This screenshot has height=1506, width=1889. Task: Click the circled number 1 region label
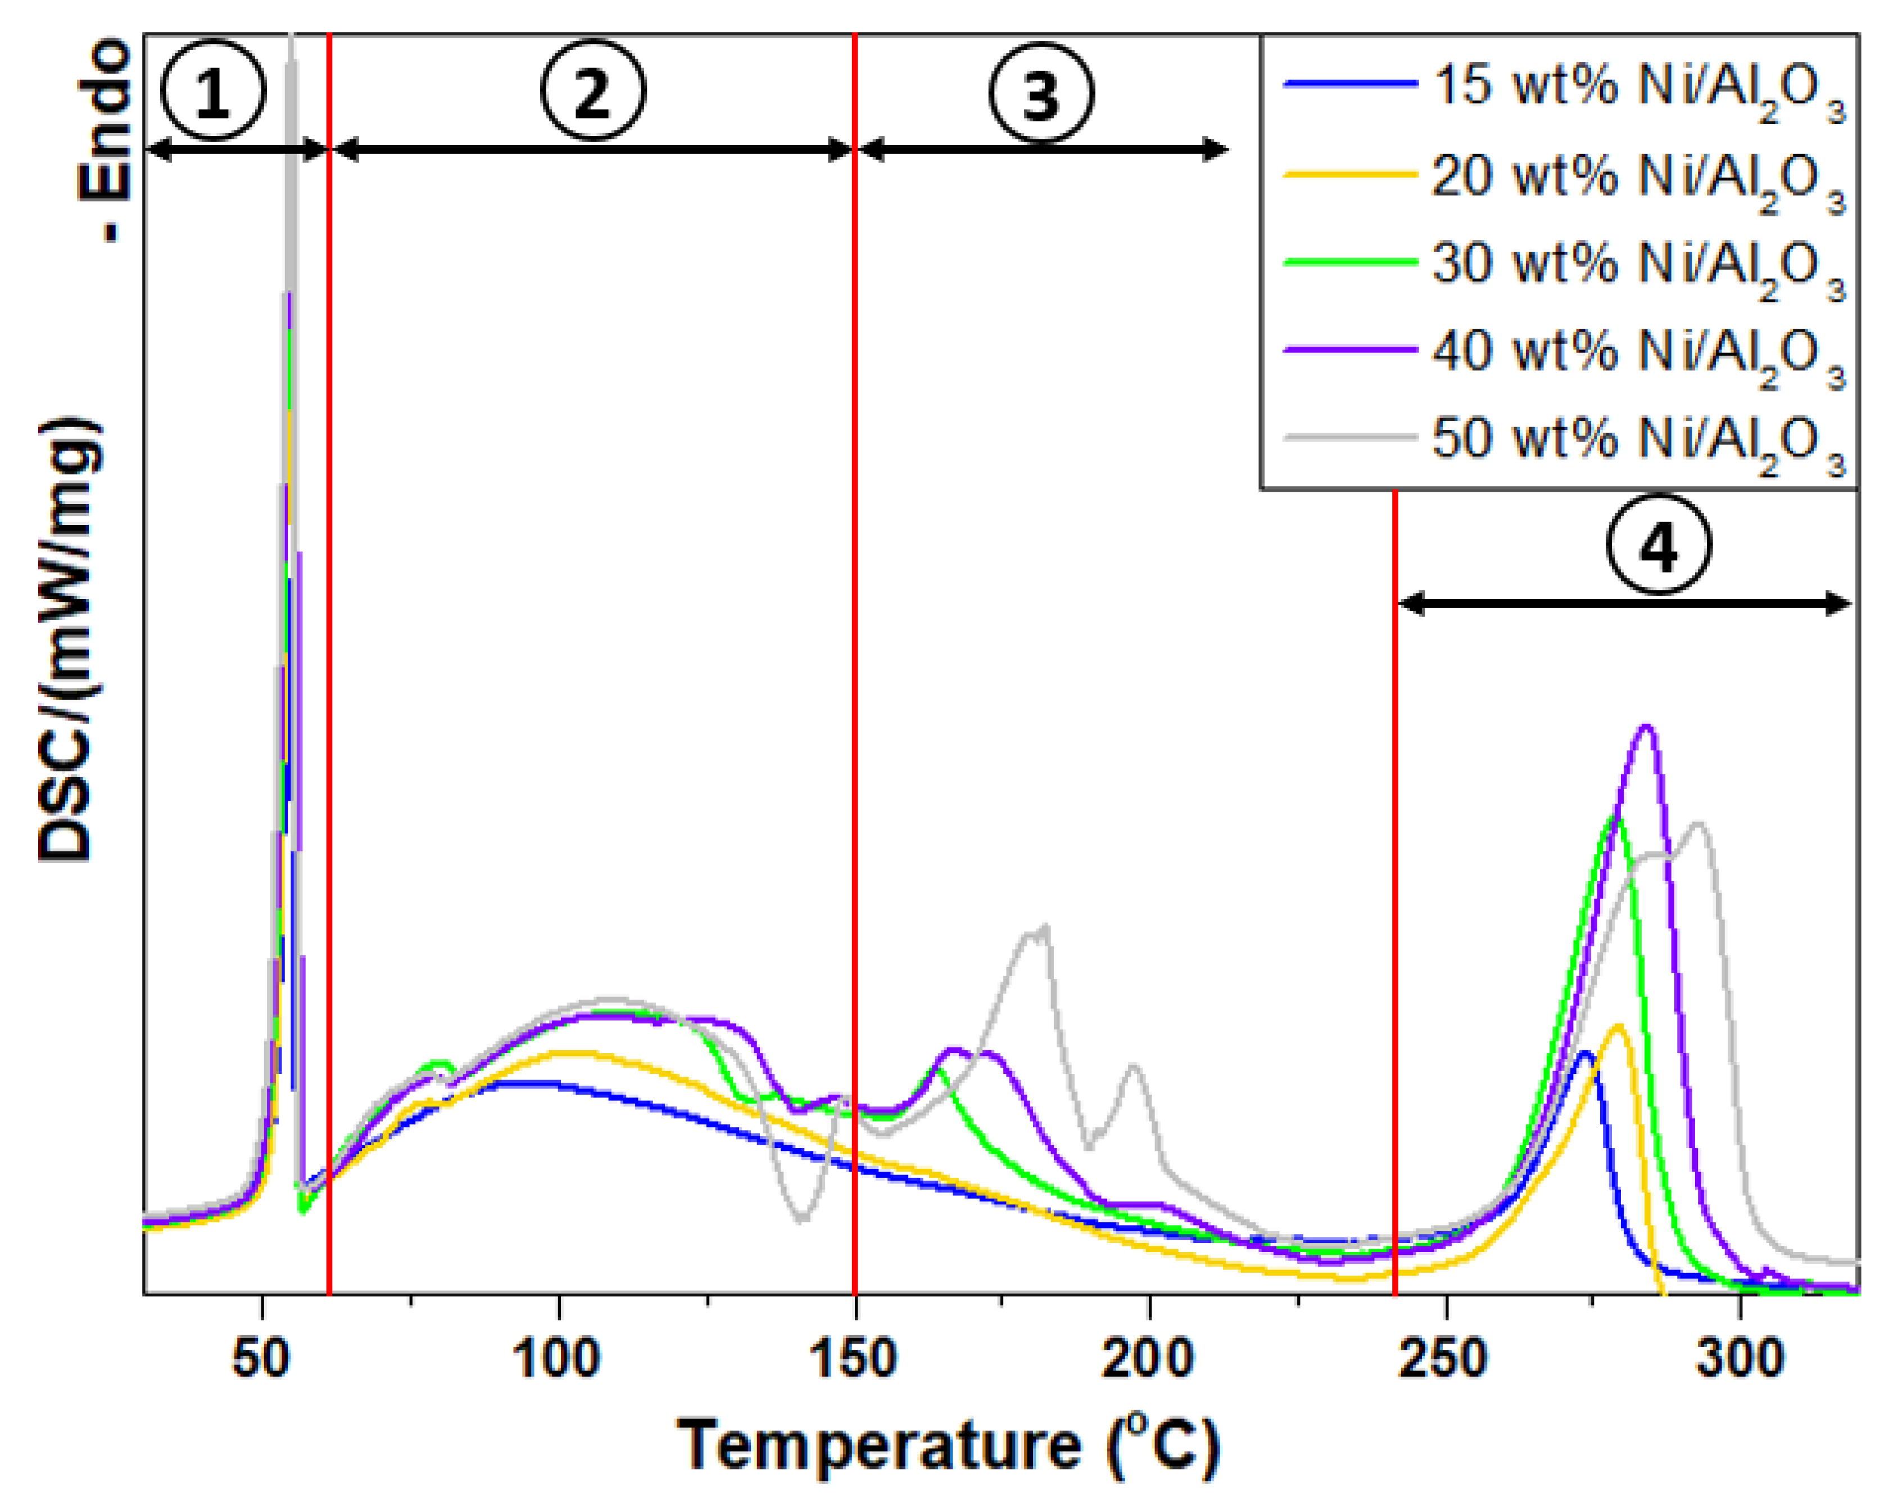tap(213, 93)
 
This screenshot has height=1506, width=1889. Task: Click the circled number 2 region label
tap(592, 90)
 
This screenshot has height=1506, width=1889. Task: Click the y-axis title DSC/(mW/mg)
tap(69, 639)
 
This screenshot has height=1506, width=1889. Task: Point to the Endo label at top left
tap(103, 140)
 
